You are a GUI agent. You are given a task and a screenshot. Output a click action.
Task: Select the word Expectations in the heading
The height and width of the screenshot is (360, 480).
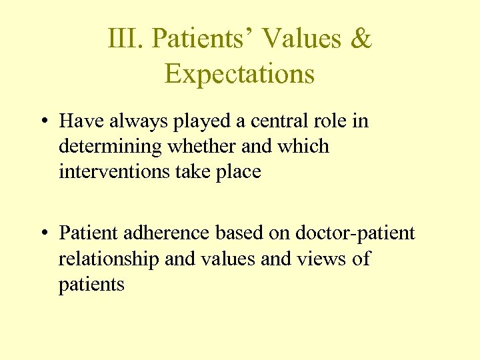239,74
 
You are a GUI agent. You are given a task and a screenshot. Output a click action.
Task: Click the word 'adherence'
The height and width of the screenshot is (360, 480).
163,233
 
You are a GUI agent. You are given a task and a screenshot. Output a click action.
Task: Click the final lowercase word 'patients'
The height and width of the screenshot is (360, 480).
91,285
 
